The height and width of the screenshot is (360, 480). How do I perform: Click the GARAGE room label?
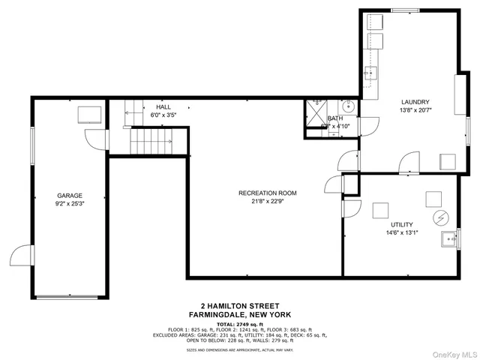click(69, 195)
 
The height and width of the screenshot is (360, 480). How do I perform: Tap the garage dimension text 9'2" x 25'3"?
click(69, 204)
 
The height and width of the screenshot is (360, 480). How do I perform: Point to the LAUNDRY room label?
click(415, 102)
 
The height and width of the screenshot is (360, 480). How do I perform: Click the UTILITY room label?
click(401, 224)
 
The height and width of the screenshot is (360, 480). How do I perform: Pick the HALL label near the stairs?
click(163, 107)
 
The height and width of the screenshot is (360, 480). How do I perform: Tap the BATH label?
click(334, 118)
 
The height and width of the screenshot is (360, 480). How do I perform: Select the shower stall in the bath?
click(316, 109)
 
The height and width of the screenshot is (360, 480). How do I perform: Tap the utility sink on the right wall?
click(451, 239)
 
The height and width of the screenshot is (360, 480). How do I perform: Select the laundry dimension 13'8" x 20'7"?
click(415, 110)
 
